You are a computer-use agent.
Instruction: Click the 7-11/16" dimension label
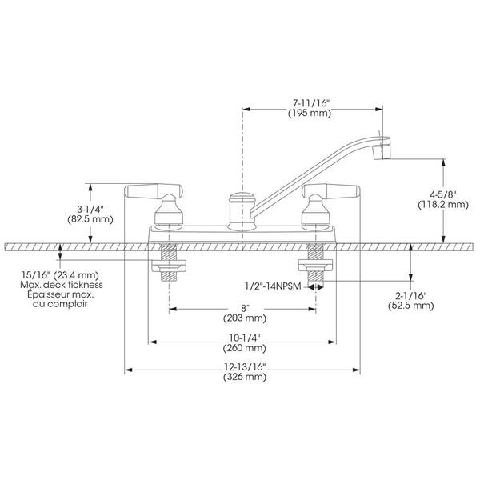point(310,103)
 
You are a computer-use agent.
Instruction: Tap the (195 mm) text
point(310,114)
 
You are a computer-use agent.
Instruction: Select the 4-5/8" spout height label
point(443,194)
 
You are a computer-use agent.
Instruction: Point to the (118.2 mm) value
point(443,205)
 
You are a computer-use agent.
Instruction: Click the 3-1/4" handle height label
point(90,210)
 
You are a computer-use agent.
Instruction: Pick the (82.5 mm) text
point(90,219)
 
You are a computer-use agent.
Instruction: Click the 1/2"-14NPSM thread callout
point(273,286)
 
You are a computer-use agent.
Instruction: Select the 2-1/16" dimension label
point(411,296)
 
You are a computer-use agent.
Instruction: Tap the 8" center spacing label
point(244,308)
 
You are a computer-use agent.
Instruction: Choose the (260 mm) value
point(245,348)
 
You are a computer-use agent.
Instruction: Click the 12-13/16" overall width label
point(244,366)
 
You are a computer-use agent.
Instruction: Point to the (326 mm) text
point(245,377)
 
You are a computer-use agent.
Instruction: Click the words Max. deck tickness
point(62,285)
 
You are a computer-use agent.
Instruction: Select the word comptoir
point(68,304)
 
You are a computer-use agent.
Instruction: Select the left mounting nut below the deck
point(169,266)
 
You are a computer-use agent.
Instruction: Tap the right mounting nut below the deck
point(316,266)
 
